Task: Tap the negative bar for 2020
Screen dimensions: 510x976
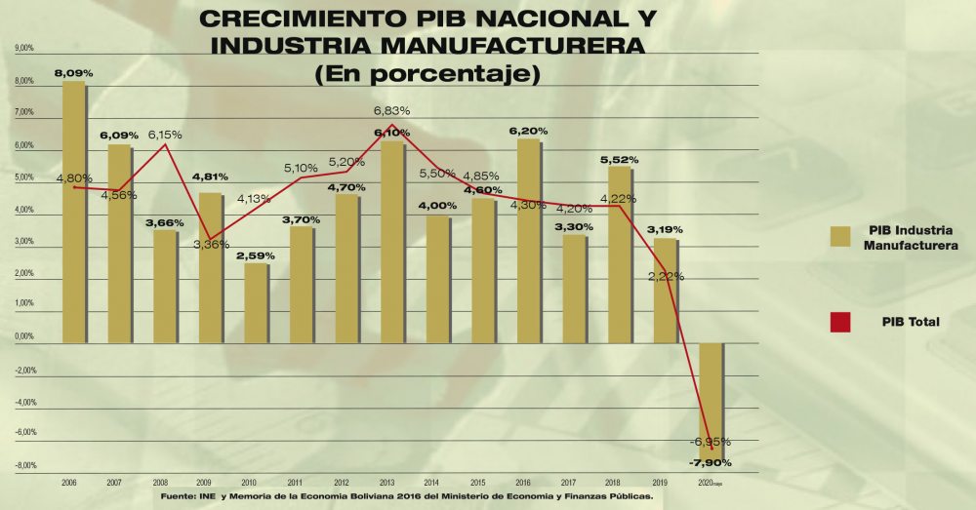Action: pyautogui.click(x=712, y=400)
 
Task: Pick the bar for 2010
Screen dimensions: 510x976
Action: pyautogui.click(x=255, y=303)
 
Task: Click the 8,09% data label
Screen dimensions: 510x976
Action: pyautogui.click(x=73, y=73)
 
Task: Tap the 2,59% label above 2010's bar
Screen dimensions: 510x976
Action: pyautogui.click(x=255, y=255)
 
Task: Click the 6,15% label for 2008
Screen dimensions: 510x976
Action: pyautogui.click(x=165, y=135)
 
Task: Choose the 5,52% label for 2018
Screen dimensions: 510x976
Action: pyautogui.click(x=619, y=158)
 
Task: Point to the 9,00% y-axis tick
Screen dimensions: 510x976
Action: pyautogui.click(x=23, y=48)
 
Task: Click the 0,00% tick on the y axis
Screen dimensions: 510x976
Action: pyautogui.click(x=23, y=337)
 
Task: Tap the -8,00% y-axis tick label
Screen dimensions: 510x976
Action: pyautogui.click(x=23, y=465)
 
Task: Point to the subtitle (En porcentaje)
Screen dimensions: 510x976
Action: pyautogui.click(x=427, y=73)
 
